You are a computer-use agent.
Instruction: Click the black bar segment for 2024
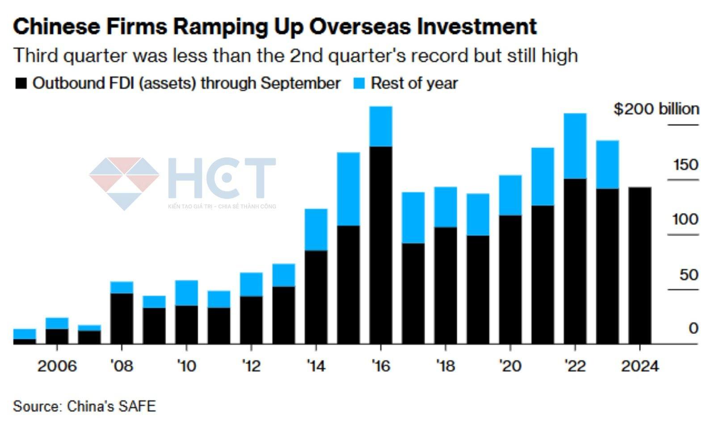pos(639,266)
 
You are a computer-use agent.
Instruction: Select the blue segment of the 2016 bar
pos(381,126)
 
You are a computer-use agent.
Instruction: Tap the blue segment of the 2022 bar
pos(575,146)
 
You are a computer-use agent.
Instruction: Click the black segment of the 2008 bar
pos(122,318)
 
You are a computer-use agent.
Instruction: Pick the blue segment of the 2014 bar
pos(316,229)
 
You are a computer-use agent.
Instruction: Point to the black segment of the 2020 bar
pos(510,279)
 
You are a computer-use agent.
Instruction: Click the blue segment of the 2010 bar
pos(186,293)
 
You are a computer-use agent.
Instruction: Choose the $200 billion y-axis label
pos(656,109)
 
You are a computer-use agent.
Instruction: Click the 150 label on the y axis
pos(686,165)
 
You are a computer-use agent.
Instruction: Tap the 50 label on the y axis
pos(689,274)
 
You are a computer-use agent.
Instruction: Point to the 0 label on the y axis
pos(693,328)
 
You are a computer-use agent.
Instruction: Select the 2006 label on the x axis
pos(57,366)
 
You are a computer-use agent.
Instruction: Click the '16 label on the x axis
pos(381,366)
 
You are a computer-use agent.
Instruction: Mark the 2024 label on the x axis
pos(640,366)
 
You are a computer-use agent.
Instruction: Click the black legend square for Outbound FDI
pos(21,84)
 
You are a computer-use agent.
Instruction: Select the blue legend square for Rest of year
pos(359,84)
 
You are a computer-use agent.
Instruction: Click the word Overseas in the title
pos(360,26)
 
